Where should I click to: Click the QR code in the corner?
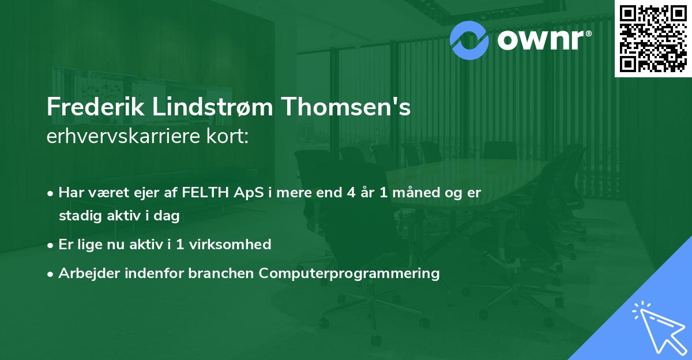(x=653, y=38)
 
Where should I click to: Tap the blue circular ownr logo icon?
(x=469, y=40)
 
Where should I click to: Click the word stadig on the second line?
(x=78, y=216)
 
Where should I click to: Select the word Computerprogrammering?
(x=349, y=273)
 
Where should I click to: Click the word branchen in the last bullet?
(x=221, y=273)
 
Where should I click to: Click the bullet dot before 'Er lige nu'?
(x=51, y=245)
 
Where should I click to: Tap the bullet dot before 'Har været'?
(x=51, y=193)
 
